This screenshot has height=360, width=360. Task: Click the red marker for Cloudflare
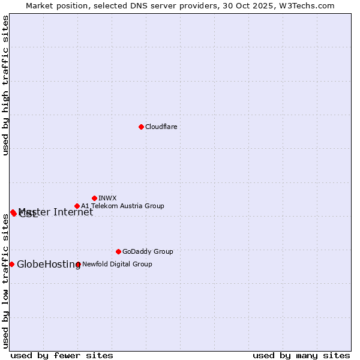[x=141, y=127]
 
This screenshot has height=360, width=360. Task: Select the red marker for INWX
[x=94, y=198]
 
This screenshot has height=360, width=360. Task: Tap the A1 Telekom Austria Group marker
[x=77, y=206]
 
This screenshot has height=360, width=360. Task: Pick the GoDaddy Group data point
[x=118, y=251]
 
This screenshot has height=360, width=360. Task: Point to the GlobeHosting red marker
[x=11, y=264]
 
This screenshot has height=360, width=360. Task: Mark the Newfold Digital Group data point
[x=78, y=264]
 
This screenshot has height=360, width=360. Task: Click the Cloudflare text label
[x=161, y=127]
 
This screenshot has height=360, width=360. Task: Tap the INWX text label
[x=107, y=198]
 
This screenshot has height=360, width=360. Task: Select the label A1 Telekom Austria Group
[x=122, y=206]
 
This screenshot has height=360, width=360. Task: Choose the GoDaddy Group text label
[x=147, y=251]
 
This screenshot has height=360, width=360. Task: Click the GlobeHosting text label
[x=48, y=265]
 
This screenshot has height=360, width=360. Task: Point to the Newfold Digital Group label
[x=117, y=264]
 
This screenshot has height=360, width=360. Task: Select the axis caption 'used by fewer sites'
[x=62, y=355]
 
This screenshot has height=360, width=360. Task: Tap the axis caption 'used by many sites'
[x=301, y=355]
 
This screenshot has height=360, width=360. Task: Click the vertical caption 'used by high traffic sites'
[x=6, y=85]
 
